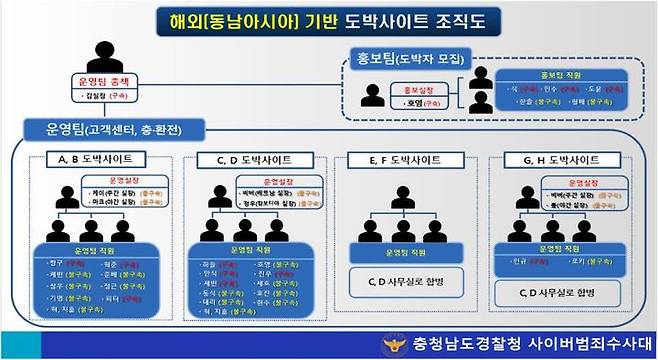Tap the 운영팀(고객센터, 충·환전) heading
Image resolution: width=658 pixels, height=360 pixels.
[x=116, y=129]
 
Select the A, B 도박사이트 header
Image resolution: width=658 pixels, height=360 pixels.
[x=95, y=159]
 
